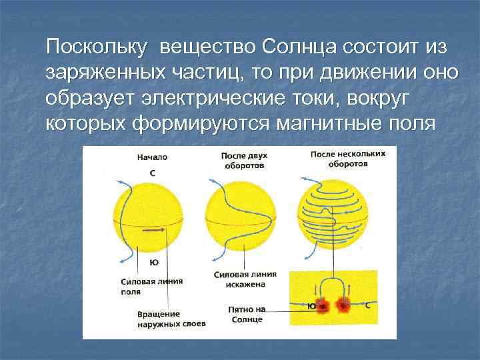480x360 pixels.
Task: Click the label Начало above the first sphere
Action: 153,158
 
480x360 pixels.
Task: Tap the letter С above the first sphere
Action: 153,173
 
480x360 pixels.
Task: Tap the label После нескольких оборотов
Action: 338,159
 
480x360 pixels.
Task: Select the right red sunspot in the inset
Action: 345,306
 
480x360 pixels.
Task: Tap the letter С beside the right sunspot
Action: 369,304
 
